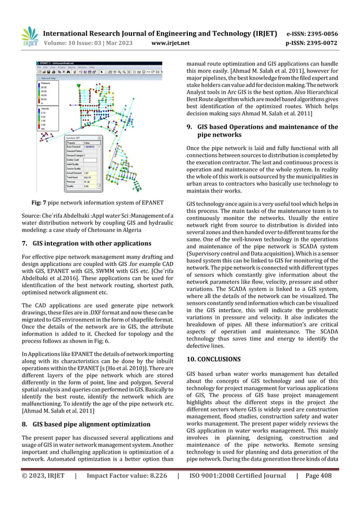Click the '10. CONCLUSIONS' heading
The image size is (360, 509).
213,359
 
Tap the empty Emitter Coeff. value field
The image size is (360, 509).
90,160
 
